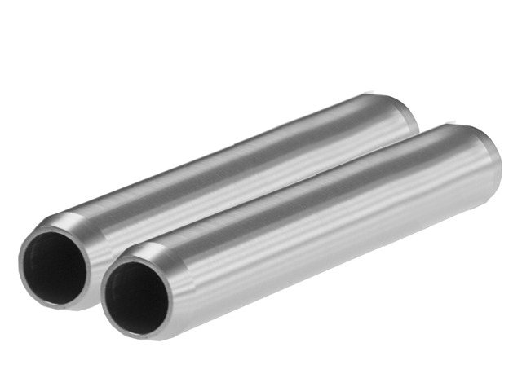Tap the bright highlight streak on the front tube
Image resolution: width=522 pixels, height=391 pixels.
coord(310,200)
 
